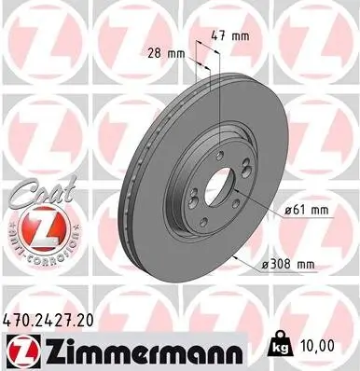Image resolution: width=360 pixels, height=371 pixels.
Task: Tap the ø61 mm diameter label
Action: point(307,211)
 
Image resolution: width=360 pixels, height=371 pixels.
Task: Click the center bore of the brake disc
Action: point(218,184)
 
